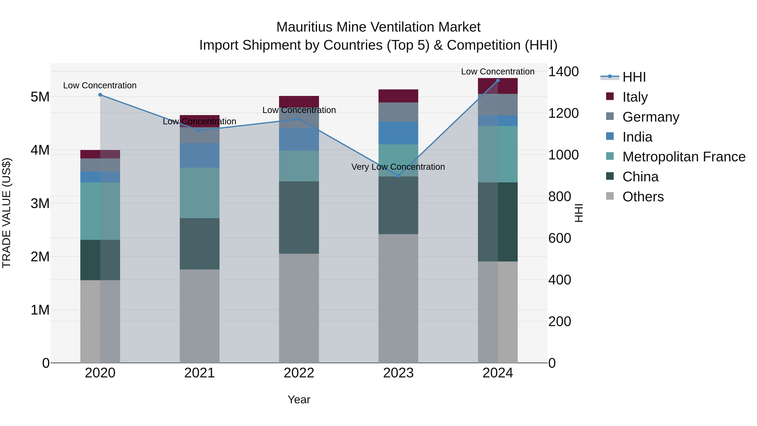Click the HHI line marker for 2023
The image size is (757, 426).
tap(398, 176)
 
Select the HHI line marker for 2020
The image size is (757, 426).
tap(100, 95)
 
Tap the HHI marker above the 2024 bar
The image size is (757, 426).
tap(498, 80)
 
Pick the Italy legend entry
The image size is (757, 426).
tap(635, 97)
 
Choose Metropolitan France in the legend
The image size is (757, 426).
tap(684, 157)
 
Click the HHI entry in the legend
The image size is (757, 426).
tap(634, 77)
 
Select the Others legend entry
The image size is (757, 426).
tap(643, 197)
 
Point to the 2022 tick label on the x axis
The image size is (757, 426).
tap(299, 373)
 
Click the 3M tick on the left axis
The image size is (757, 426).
tap(40, 203)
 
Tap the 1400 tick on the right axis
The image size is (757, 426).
tap(563, 72)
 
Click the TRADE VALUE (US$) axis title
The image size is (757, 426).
tap(7, 213)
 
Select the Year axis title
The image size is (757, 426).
tap(299, 399)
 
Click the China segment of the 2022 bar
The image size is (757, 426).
tap(299, 217)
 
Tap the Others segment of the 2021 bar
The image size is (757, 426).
tap(200, 316)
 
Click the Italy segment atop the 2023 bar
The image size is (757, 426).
tap(398, 96)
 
